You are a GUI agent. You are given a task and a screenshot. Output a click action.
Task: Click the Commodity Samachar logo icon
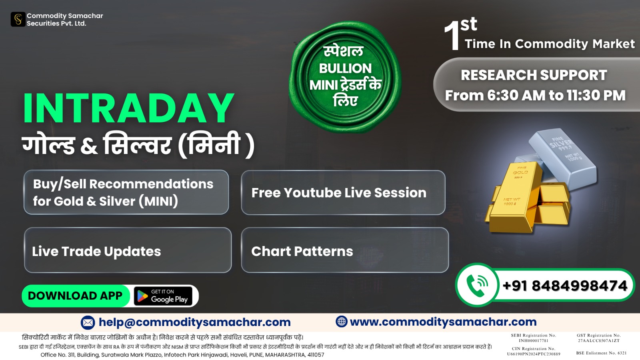18,20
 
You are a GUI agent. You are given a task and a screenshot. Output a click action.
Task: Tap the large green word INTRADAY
128,108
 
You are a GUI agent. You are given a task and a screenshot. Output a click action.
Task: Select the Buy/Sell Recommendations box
126,192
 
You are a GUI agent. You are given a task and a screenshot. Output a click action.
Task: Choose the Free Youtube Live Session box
343,192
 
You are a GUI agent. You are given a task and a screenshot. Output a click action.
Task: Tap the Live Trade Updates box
128,250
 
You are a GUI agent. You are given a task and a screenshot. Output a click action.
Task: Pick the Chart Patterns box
345,250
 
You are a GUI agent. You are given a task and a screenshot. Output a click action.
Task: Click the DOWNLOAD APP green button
76,296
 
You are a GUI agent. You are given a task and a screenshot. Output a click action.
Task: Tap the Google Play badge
163,296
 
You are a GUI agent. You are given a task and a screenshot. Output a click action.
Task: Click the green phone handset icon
476,285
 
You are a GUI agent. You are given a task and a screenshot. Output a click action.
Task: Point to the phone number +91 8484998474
565,286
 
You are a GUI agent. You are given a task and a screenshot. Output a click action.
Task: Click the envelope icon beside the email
88,322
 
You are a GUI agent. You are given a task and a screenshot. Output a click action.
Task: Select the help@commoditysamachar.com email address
194,322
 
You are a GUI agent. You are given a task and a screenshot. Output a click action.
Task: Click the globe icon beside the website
342,322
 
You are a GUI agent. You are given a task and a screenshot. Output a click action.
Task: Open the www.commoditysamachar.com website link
443,322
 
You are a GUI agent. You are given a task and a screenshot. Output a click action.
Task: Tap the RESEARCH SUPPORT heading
534,75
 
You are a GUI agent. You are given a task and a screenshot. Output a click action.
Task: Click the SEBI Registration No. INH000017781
534,338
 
